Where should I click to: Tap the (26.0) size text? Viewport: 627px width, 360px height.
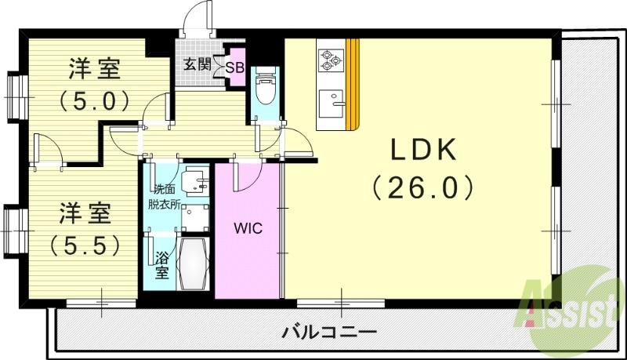422,187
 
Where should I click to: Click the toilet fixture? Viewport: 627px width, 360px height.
265,88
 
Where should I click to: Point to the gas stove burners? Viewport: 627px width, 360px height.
330,57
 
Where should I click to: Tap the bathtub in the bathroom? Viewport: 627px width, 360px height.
192,264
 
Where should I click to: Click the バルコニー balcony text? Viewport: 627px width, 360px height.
329,331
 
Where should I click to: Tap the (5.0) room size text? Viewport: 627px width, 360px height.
93,101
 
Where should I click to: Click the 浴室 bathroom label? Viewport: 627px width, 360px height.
161,264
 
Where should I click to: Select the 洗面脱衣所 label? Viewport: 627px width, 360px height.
165,195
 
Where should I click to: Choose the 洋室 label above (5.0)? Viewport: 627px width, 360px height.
93,70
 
